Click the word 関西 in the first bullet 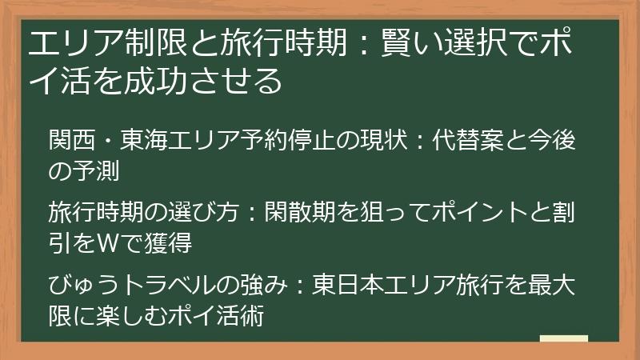pyautogui.click(x=71, y=142)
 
